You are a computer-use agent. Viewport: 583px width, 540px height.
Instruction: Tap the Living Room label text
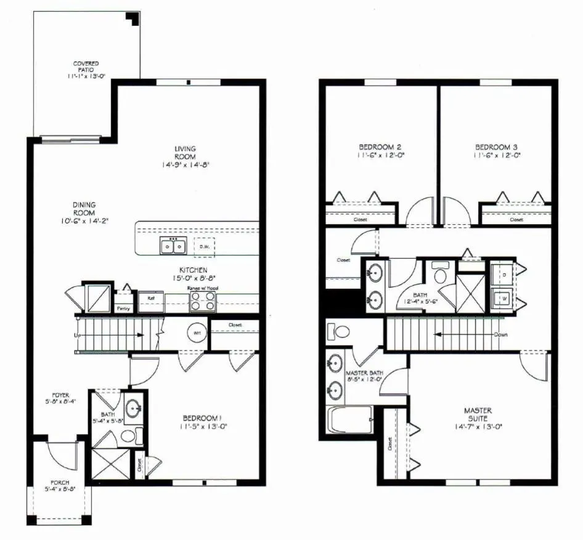(185, 153)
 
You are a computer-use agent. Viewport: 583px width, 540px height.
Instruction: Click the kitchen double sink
(173, 246)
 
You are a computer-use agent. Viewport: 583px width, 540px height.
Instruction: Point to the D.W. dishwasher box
(204, 246)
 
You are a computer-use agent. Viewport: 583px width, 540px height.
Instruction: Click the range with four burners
(203, 301)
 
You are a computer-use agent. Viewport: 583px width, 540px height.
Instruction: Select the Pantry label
(123, 308)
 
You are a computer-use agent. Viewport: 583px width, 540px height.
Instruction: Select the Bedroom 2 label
(380, 147)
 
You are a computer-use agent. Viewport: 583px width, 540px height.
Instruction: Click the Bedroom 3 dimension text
(497, 156)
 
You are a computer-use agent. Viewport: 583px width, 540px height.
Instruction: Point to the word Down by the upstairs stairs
(500, 335)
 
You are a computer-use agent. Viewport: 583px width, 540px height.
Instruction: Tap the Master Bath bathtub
(349, 421)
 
